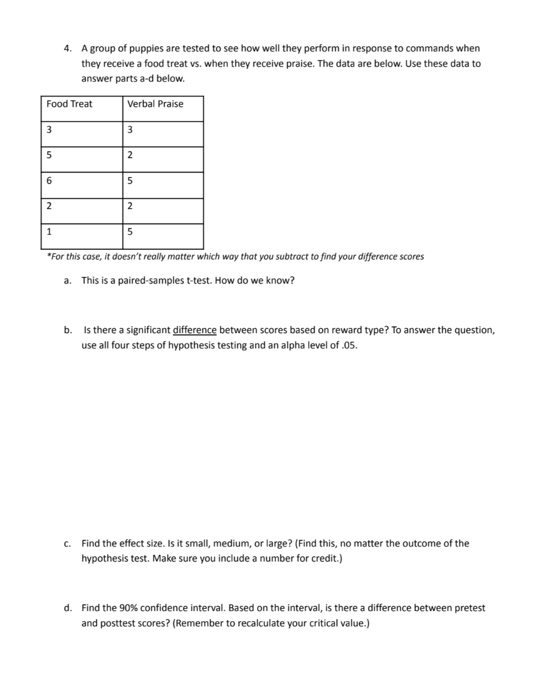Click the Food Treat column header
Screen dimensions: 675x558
coord(69,104)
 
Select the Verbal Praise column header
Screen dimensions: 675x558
coord(155,104)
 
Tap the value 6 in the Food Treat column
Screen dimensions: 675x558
coord(49,180)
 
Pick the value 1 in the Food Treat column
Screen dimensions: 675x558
coord(49,231)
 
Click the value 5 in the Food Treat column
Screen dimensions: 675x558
coord(49,155)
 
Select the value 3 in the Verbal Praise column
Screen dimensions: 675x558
coord(129,129)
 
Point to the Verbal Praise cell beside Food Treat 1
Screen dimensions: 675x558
coord(129,231)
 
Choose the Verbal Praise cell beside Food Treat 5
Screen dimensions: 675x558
coord(129,155)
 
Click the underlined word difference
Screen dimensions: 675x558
coord(194,330)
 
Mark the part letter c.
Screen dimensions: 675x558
coord(67,544)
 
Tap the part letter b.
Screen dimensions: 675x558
coord(68,330)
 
